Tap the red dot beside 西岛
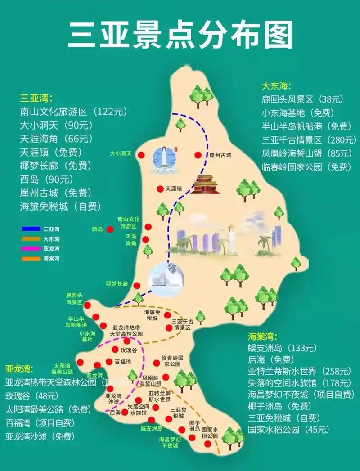(110, 229)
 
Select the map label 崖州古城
(220, 155)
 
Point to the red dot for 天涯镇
(159, 189)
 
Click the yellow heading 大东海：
(276, 86)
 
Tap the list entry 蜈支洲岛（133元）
(283, 348)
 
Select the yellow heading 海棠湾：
(263, 336)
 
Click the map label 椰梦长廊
(117, 284)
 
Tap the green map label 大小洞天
(121, 154)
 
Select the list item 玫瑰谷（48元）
(31, 396)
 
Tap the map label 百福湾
(122, 362)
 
